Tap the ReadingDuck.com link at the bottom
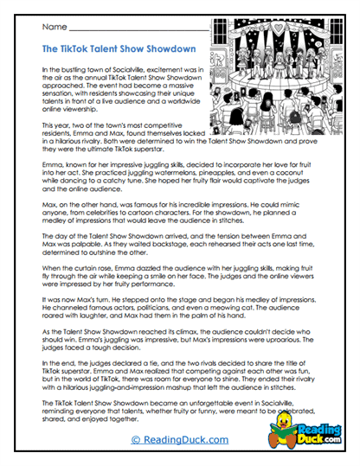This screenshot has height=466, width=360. coord(180,440)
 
